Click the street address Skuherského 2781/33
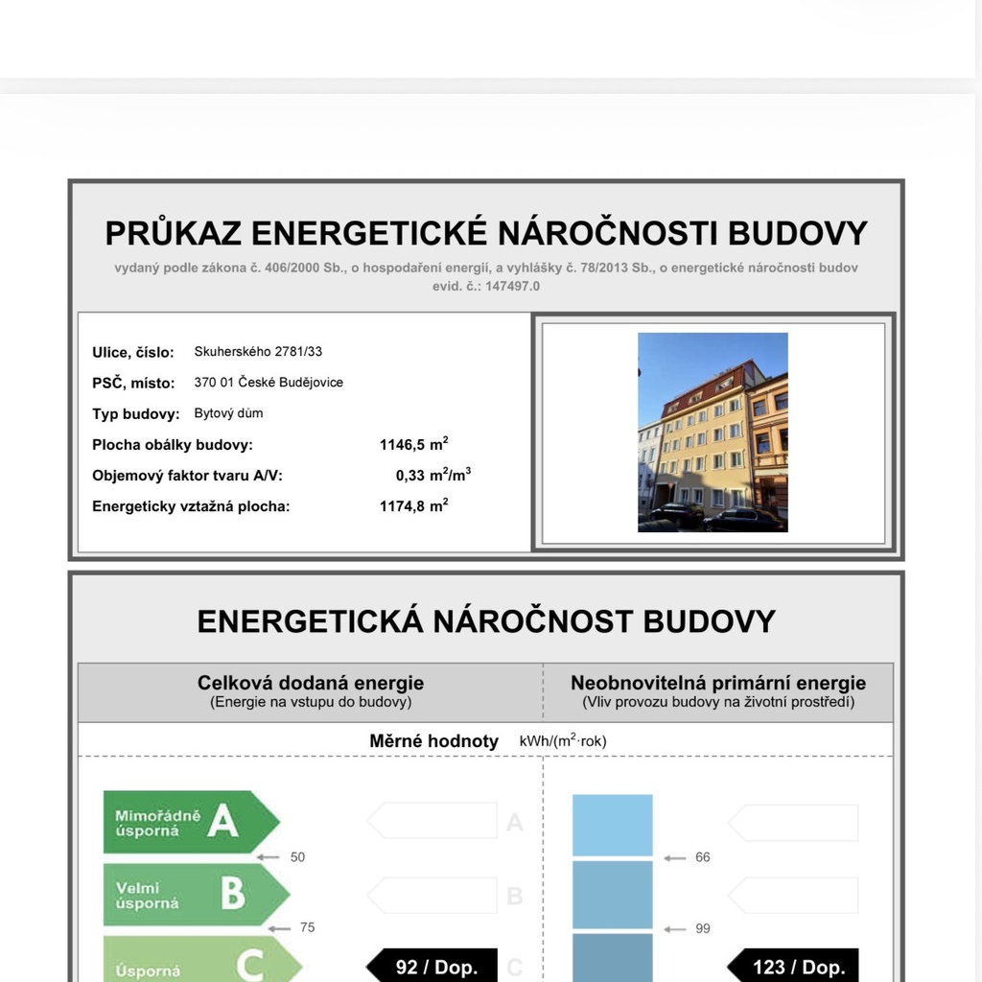(258, 352)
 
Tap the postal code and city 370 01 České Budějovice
(269, 383)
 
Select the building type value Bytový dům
(228, 413)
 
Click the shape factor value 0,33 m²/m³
(433, 475)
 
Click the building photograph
(713, 432)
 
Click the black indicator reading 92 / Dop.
(433, 966)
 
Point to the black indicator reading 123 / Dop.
(794, 966)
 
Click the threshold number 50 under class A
(297, 857)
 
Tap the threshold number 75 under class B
(307, 927)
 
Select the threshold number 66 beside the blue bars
(703, 857)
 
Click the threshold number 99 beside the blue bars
(703, 928)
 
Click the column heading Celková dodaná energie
(311, 683)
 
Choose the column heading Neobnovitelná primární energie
(718, 683)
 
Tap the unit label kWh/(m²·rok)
(563, 741)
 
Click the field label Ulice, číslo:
(133, 353)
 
